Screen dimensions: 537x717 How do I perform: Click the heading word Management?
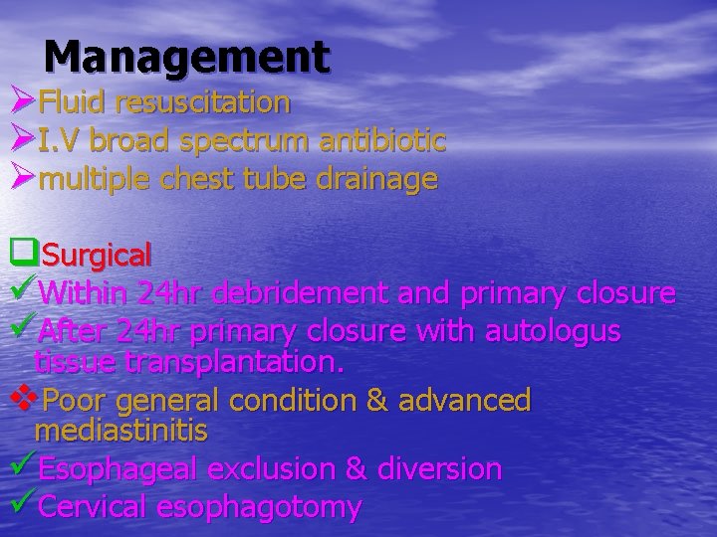coord(186,57)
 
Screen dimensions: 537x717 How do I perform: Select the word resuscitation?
coord(203,101)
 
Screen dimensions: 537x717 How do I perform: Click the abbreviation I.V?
coord(61,140)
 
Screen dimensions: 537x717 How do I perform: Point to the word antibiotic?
coord(381,140)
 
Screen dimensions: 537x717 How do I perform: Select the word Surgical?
coord(98,256)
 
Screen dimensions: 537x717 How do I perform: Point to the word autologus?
coord(553,329)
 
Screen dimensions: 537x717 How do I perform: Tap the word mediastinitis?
coord(120,431)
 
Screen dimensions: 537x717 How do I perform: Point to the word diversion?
coord(439,468)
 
